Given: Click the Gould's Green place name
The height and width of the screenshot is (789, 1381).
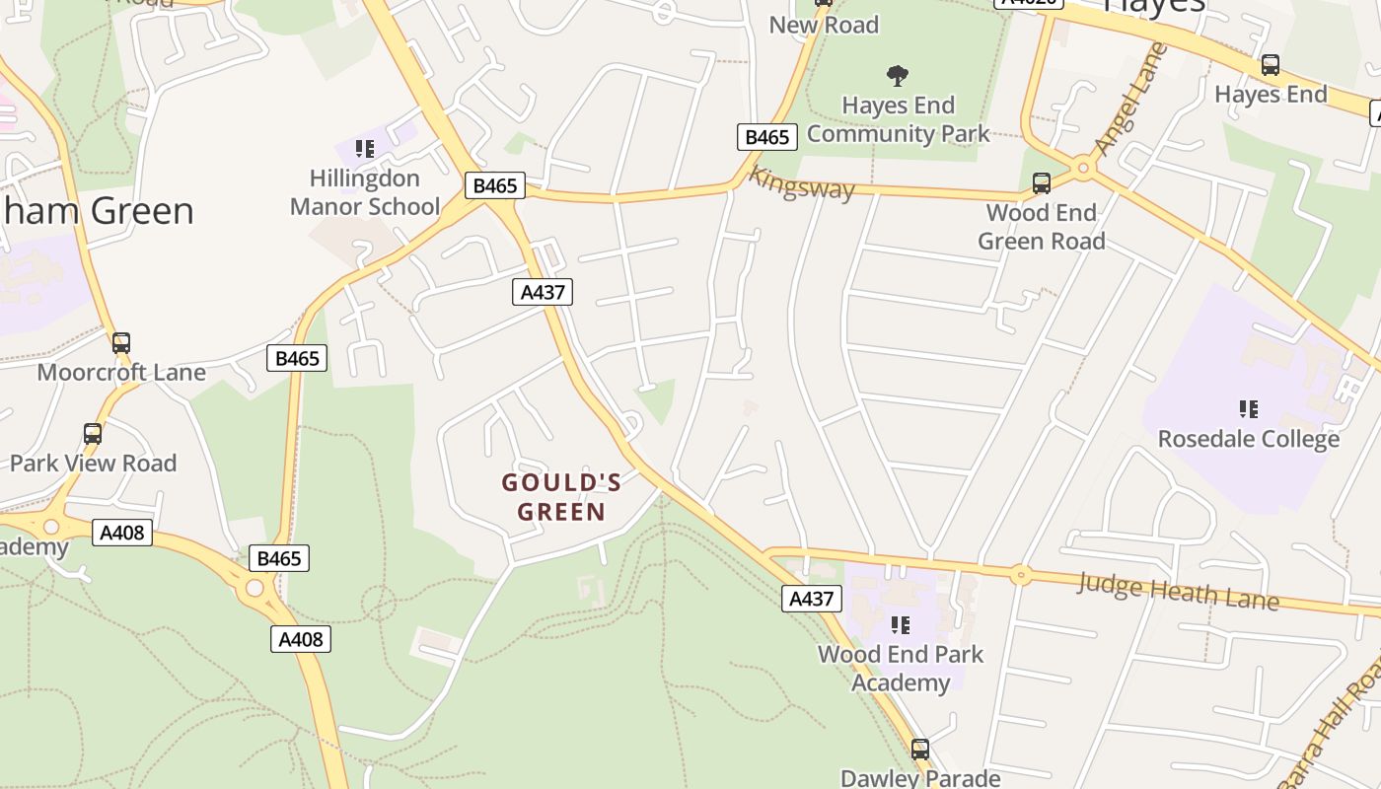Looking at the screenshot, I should coord(561,496).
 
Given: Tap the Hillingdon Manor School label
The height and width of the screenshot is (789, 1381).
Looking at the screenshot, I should coord(365,192).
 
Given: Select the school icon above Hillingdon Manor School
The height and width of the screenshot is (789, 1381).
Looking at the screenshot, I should coord(365,149).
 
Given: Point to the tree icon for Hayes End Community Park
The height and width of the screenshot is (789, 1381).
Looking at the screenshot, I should coord(897,75).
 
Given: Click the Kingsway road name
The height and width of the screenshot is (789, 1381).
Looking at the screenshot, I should coord(801,183).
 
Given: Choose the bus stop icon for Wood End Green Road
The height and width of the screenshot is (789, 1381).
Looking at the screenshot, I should coord(1041,182).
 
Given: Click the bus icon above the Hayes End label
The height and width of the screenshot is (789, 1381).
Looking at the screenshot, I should coord(1271,65).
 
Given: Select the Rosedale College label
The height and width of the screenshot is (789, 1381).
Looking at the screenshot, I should coord(1248,439).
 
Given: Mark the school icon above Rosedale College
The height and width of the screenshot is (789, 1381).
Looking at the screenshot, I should coord(1248,408).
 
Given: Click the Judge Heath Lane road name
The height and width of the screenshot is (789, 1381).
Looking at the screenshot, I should coord(1178,590).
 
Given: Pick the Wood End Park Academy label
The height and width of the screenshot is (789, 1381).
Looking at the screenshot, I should coord(901,668).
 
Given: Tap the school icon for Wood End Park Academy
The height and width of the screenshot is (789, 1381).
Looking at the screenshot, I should coord(900,624).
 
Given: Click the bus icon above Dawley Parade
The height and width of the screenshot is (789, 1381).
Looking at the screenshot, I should coord(920,750).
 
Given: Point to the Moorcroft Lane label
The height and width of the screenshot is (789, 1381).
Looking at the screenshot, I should coord(121,373).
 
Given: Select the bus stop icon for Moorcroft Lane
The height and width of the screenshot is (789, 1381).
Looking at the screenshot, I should coord(121,343).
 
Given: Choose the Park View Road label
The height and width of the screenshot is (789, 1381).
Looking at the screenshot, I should coord(93,464).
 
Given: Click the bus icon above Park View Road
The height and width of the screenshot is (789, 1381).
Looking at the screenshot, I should coord(93,434).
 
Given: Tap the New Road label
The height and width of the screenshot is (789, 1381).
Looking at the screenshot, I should coord(824,25).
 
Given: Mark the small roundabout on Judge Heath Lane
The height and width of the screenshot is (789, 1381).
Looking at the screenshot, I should coord(1020,573).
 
